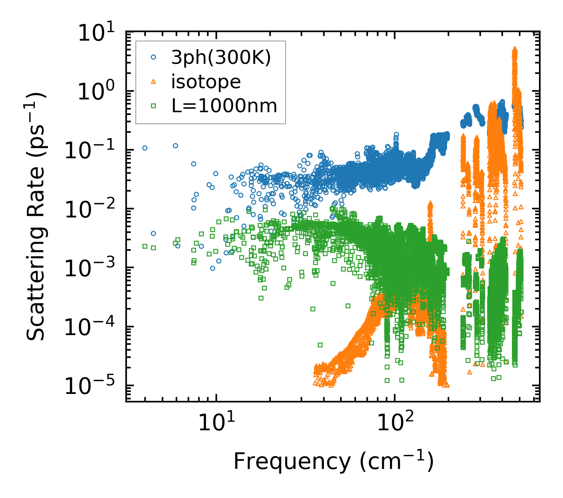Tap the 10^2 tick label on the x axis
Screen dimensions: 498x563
[x=394, y=423]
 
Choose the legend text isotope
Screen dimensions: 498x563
[x=206, y=82]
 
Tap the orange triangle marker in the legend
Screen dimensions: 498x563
[x=154, y=82]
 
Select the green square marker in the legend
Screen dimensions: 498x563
[x=154, y=106]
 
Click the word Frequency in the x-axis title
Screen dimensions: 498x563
[x=292, y=462]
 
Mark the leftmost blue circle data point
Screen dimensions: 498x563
[x=145, y=148]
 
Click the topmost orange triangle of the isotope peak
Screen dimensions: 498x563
[x=515, y=49]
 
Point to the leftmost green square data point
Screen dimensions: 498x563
[x=145, y=246]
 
